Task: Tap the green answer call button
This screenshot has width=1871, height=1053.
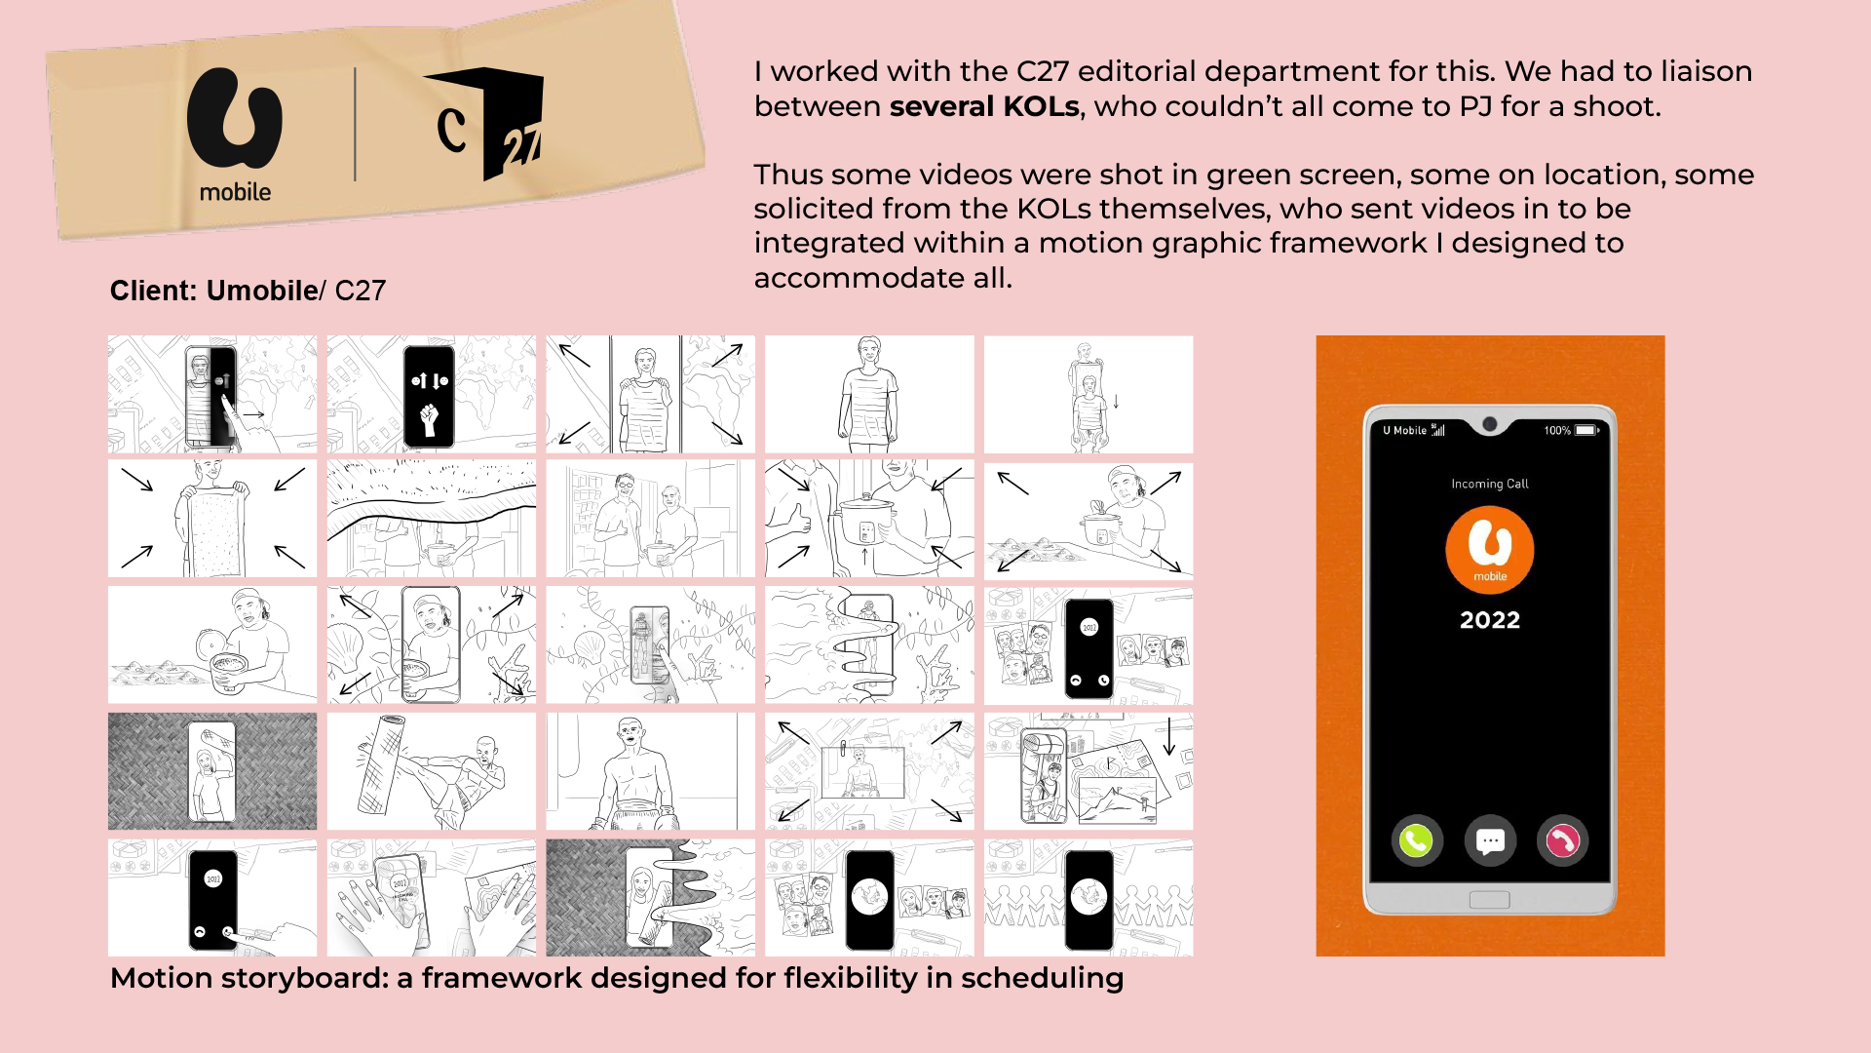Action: click(1416, 840)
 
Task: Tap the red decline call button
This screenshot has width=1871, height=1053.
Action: click(1562, 840)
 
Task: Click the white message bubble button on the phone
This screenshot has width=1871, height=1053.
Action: click(1490, 840)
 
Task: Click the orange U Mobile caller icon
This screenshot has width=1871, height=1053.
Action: click(1490, 550)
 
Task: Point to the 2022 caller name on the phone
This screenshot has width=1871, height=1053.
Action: click(1490, 620)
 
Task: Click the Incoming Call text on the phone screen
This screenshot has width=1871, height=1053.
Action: click(1490, 484)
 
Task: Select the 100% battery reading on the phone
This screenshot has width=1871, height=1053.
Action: click(1557, 430)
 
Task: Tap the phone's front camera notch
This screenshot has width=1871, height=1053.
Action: click(1489, 424)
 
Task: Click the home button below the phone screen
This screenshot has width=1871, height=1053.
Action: click(1489, 899)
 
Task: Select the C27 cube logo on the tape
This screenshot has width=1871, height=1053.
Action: click(483, 123)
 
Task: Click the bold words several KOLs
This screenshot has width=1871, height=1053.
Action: click(984, 106)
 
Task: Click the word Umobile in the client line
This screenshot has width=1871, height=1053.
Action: click(262, 291)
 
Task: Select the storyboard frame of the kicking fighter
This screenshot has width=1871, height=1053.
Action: click(432, 771)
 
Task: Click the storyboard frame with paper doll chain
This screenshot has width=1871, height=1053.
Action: click(1088, 898)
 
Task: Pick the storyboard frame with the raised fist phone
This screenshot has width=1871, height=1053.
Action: click(432, 394)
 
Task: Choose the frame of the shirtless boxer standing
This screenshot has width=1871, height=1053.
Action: click(650, 771)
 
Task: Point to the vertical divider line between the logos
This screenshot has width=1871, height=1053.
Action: click(355, 125)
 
